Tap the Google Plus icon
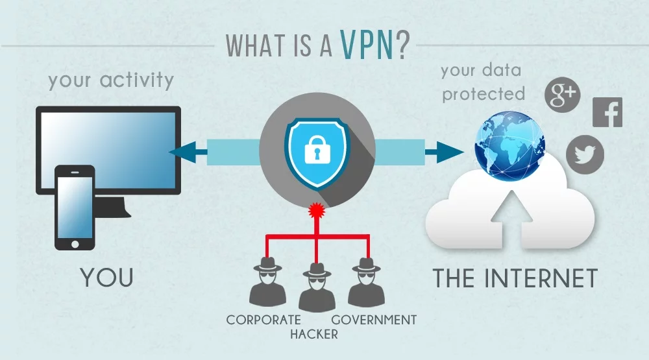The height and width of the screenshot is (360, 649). (561, 95)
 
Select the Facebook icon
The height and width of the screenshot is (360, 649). (607, 113)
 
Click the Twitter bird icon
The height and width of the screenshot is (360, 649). (585, 154)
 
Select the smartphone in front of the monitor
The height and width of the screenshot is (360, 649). (75, 208)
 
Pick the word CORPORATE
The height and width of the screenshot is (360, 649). (263, 320)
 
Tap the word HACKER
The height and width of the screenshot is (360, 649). (314, 335)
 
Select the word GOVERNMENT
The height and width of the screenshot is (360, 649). (374, 320)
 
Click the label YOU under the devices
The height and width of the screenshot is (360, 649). (107, 278)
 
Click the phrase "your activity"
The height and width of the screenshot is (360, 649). (111, 80)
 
